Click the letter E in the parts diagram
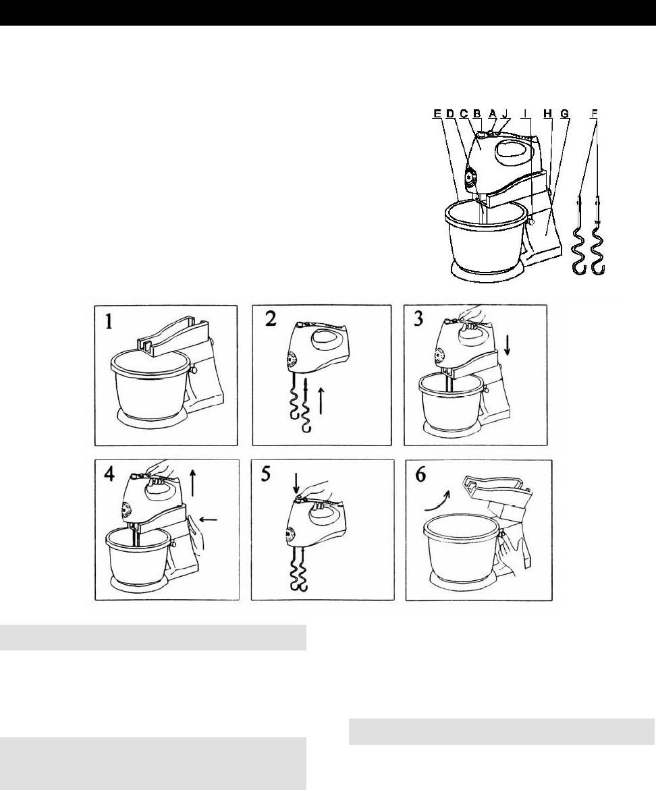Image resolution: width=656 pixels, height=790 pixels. pyautogui.click(x=437, y=114)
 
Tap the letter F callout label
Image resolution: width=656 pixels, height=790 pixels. pyautogui.click(x=595, y=114)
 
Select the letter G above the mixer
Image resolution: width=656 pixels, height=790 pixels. pyautogui.click(x=565, y=114)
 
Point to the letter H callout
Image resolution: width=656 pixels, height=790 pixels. pyautogui.click(x=547, y=114)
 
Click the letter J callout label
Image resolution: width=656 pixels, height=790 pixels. pyautogui.click(x=504, y=114)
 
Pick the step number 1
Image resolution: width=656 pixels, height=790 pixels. pyautogui.click(x=109, y=321)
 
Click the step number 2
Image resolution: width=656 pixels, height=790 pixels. pyautogui.click(x=270, y=319)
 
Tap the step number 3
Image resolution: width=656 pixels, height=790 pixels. pyautogui.click(x=418, y=319)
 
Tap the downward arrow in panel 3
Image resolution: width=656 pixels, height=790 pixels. pyautogui.click(x=508, y=345)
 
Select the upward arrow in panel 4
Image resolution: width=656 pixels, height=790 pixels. pyautogui.click(x=194, y=481)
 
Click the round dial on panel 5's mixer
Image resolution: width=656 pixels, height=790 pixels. pyautogui.click(x=290, y=535)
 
